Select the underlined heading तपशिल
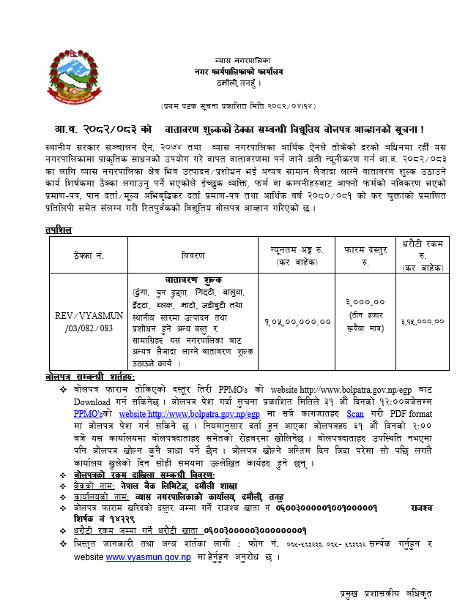(59, 230)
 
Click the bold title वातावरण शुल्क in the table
(194, 280)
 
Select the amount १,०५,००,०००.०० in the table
(297, 322)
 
